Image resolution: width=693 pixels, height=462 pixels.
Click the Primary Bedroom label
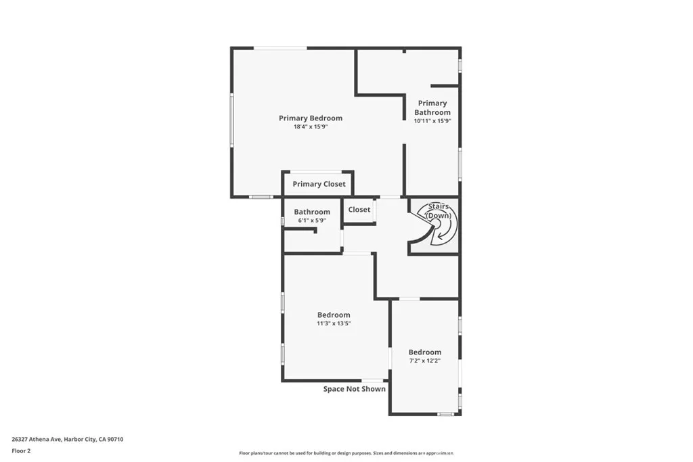[x=311, y=118]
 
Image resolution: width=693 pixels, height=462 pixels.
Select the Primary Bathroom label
[x=432, y=108]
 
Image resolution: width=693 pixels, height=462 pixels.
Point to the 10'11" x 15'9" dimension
[x=432, y=121]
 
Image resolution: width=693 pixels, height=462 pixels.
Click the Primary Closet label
[x=319, y=184]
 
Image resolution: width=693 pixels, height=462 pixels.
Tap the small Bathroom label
[x=312, y=212]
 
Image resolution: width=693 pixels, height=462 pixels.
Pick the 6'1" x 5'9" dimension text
[x=312, y=221]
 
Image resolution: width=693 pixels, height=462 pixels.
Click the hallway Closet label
[x=359, y=210]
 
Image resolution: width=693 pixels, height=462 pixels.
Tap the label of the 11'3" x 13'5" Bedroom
[x=334, y=315]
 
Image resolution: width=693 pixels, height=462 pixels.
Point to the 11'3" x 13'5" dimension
[x=334, y=323]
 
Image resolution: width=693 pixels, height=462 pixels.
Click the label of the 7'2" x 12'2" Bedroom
[x=425, y=352]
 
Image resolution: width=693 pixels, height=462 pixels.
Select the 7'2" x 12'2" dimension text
[x=425, y=361]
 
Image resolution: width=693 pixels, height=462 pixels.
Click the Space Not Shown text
[x=355, y=389]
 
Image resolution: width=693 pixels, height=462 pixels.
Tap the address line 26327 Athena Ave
[x=68, y=439]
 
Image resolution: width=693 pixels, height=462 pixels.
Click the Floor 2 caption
[x=21, y=451]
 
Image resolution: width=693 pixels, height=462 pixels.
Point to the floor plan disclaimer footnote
[x=346, y=453]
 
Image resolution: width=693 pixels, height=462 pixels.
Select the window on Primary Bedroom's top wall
[x=280, y=47]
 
